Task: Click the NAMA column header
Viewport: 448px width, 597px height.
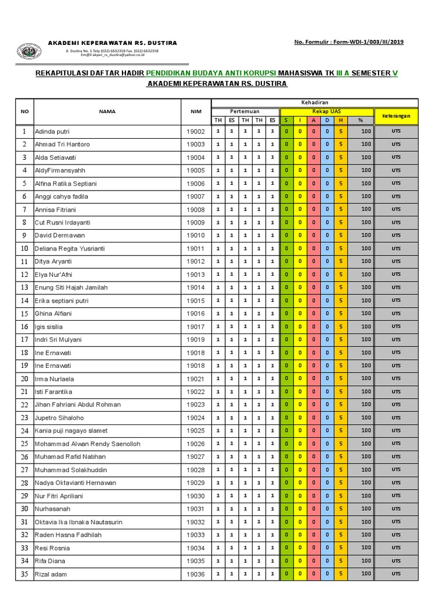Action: point(107,111)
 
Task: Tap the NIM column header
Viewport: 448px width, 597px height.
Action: point(195,111)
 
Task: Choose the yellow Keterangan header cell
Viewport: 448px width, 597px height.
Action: point(396,115)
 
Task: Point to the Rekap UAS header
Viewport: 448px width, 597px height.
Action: point(327,111)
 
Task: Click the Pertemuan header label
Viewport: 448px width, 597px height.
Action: point(245,111)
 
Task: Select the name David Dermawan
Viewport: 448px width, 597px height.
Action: point(60,236)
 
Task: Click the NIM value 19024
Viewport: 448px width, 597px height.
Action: point(195,418)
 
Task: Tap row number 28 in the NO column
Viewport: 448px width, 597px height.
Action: point(24,483)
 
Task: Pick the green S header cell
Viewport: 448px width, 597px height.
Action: point(286,120)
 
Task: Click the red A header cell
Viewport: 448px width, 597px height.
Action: point(313,120)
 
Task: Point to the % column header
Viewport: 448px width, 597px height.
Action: point(360,120)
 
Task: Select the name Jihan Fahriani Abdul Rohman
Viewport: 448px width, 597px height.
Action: point(78,405)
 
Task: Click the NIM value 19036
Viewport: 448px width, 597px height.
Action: point(195,574)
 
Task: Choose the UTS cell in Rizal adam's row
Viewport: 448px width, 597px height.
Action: point(396,574)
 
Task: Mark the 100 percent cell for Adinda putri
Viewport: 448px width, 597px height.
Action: point(366,132)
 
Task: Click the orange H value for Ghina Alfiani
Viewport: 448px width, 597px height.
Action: point(341,314)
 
